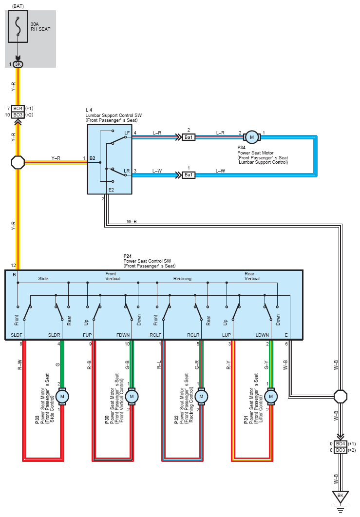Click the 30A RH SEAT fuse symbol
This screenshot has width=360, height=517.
click(x=18, y=26)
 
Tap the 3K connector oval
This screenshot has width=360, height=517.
click(x=18, y=64)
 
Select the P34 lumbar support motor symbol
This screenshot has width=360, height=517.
click(x=252, y=137)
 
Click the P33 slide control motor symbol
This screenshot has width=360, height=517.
click(x=62, y=396)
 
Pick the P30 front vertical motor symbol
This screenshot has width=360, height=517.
click(x=132, y=396)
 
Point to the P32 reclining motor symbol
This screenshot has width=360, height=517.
click(x=201, y=396)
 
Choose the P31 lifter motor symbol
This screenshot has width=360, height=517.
click(x=271, y=396)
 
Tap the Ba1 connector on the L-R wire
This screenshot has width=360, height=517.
click(x=189, y=137)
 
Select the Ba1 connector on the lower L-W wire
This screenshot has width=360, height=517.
click(x=189, y=175)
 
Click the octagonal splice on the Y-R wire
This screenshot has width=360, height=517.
click(x=18, y=163)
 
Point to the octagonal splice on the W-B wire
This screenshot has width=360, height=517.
click(x=341, y=396)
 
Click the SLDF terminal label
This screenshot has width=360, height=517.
click(x=17, y=335)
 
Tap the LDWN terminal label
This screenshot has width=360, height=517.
click(x=262, y=335)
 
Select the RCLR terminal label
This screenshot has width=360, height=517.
click(x=193, y=335)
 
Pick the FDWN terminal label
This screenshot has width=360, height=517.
click(x=123, y=335)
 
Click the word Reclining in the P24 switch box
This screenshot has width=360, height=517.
click(x=182, y=279)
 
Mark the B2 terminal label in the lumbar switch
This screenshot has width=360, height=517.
click(x=92, y=158)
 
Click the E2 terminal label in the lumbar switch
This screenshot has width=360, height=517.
click(x=111, y=190)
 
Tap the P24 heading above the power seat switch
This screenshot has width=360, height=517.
click(x=127, y=256)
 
